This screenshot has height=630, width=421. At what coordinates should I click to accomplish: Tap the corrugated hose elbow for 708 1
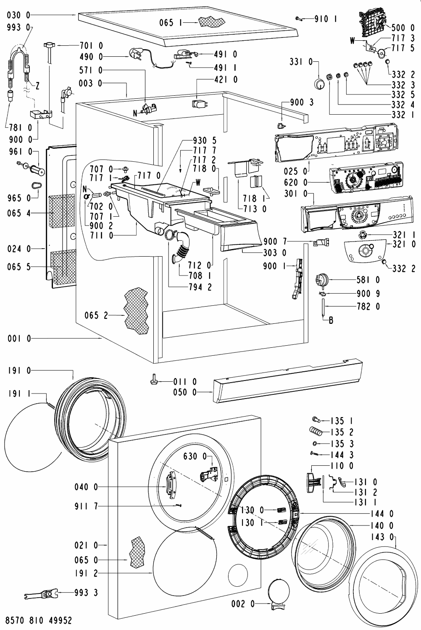pos(182,252)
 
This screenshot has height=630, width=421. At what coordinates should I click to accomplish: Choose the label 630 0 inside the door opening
pos(194,457)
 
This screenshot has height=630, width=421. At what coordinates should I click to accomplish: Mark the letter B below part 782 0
pos(331,320)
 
